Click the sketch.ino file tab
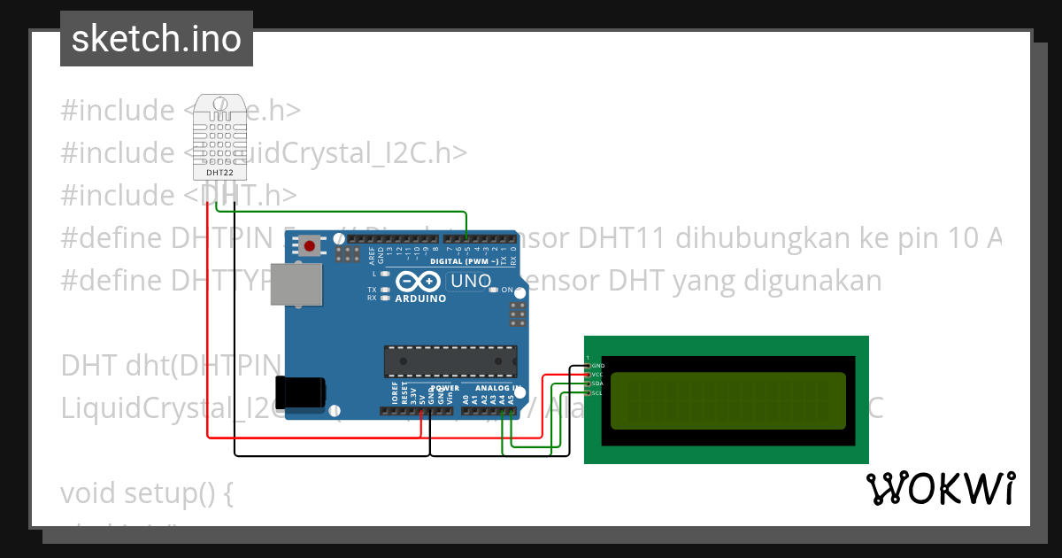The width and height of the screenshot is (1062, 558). [x=157, y=39]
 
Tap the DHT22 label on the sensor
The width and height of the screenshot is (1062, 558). [x=219, y=173]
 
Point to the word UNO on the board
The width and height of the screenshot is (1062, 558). [x=471, y=282]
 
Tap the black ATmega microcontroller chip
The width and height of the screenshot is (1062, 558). [x=450, y=361]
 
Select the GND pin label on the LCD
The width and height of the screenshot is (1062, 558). [x=598, y=365]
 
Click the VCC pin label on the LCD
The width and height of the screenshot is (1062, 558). [x=598, y=375]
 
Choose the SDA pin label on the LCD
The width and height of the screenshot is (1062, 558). [x=598, y=384]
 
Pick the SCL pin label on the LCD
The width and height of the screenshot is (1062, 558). [x=598, y=392]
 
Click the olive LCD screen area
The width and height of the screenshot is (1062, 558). [x=727, y=399]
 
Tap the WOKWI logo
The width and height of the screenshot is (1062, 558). [x=940, y=488]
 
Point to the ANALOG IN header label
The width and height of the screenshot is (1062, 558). [x=496, y=388]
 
